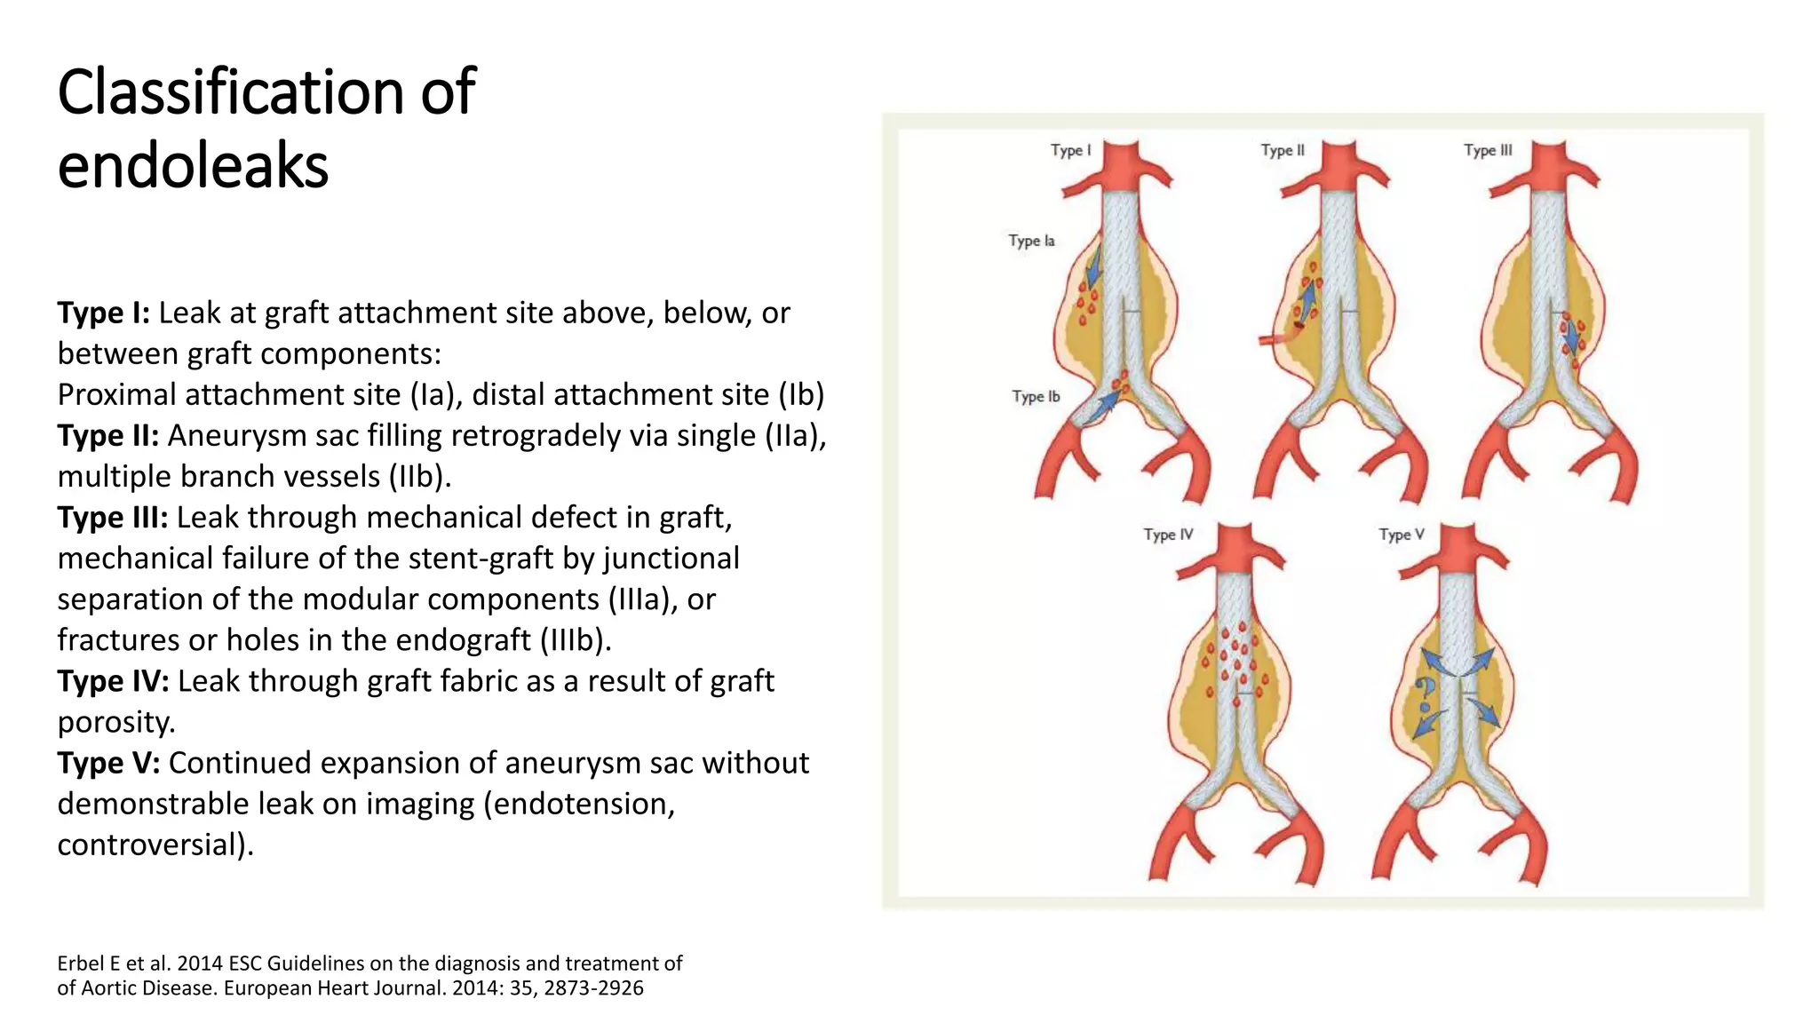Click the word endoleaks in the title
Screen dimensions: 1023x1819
click(x=193, y=166)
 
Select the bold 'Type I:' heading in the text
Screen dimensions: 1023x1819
click(x=103, y=313)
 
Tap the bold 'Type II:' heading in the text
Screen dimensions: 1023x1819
click(x=107, y=435)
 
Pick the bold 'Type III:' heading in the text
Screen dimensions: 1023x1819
click(x=112, y=517)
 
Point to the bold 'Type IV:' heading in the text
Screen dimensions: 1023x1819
click(x=113, y=680)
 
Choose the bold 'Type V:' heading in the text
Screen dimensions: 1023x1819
click(x=108, y=762)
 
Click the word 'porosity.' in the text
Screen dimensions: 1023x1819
click(x=116, y=721)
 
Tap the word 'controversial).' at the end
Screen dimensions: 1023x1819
click(x=155, y=844)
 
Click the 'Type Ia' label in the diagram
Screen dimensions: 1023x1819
click(x=1031, y=241)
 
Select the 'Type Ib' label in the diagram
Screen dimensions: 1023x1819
click(x=1036, y=396)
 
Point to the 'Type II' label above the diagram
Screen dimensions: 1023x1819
click(x=1283, y=150)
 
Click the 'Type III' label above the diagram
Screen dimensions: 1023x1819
click(x=1488, y=150)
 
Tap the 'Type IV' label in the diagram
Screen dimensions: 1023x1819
click(x=1168, y=535)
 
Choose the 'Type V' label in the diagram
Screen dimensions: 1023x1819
click(x=1402, y=535)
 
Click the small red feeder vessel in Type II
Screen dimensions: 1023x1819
click(x=1275, y=337)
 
